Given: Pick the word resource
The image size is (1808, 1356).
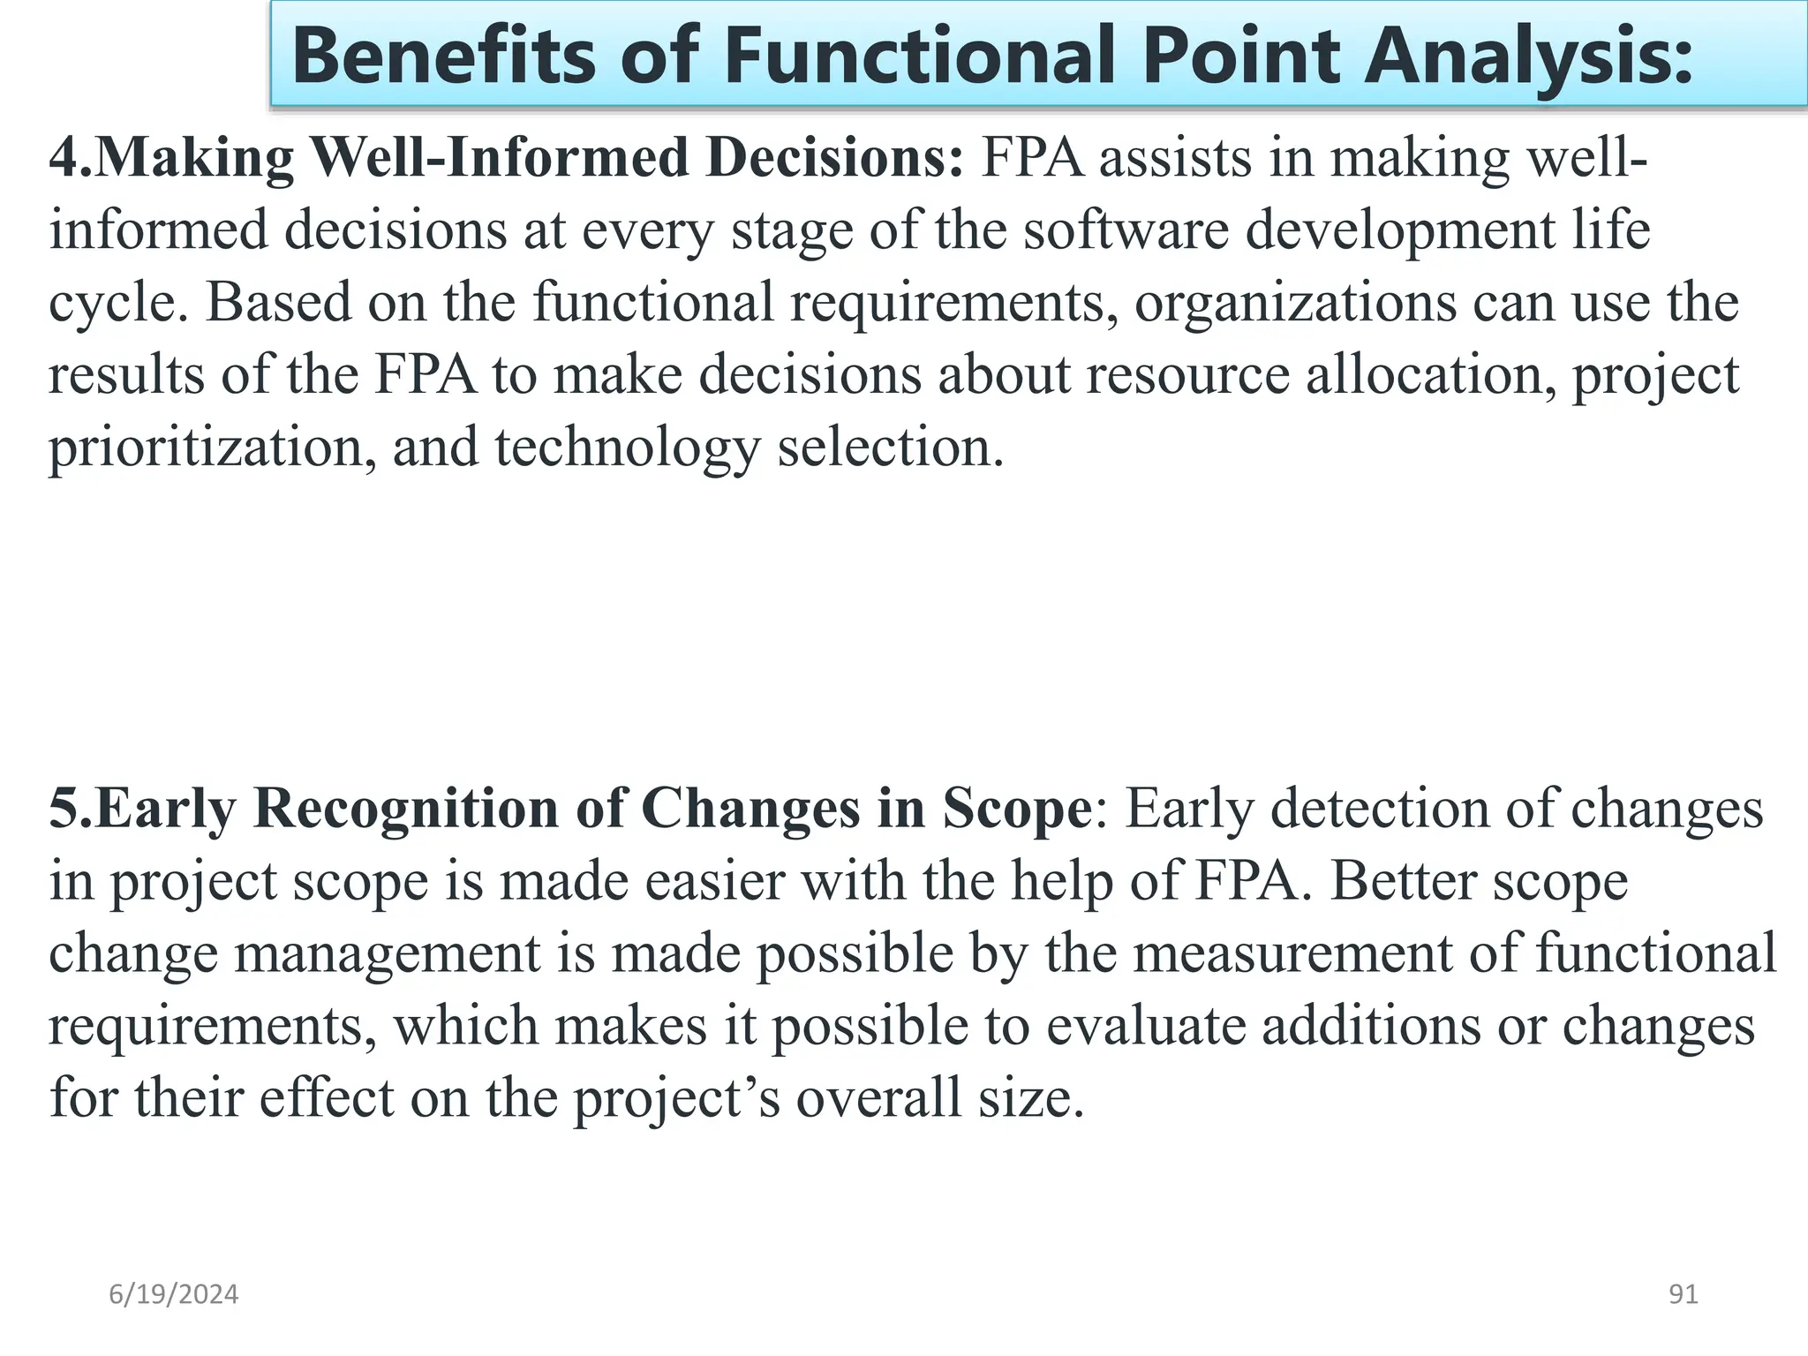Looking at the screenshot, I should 1188,374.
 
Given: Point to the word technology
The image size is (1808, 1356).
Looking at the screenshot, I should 627,447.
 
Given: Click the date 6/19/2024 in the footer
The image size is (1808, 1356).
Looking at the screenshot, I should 174,1294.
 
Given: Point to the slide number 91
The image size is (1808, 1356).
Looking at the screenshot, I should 1684,1294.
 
